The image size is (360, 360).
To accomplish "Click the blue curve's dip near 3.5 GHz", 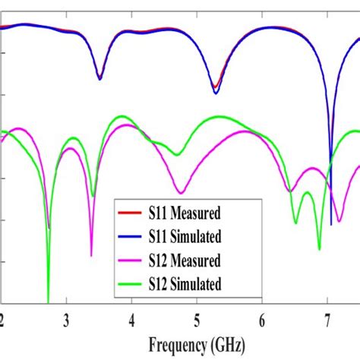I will coord(99,78).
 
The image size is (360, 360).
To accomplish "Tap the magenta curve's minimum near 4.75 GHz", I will coord(181,193).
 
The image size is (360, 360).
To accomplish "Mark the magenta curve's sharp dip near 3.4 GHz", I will coord(91,255).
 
